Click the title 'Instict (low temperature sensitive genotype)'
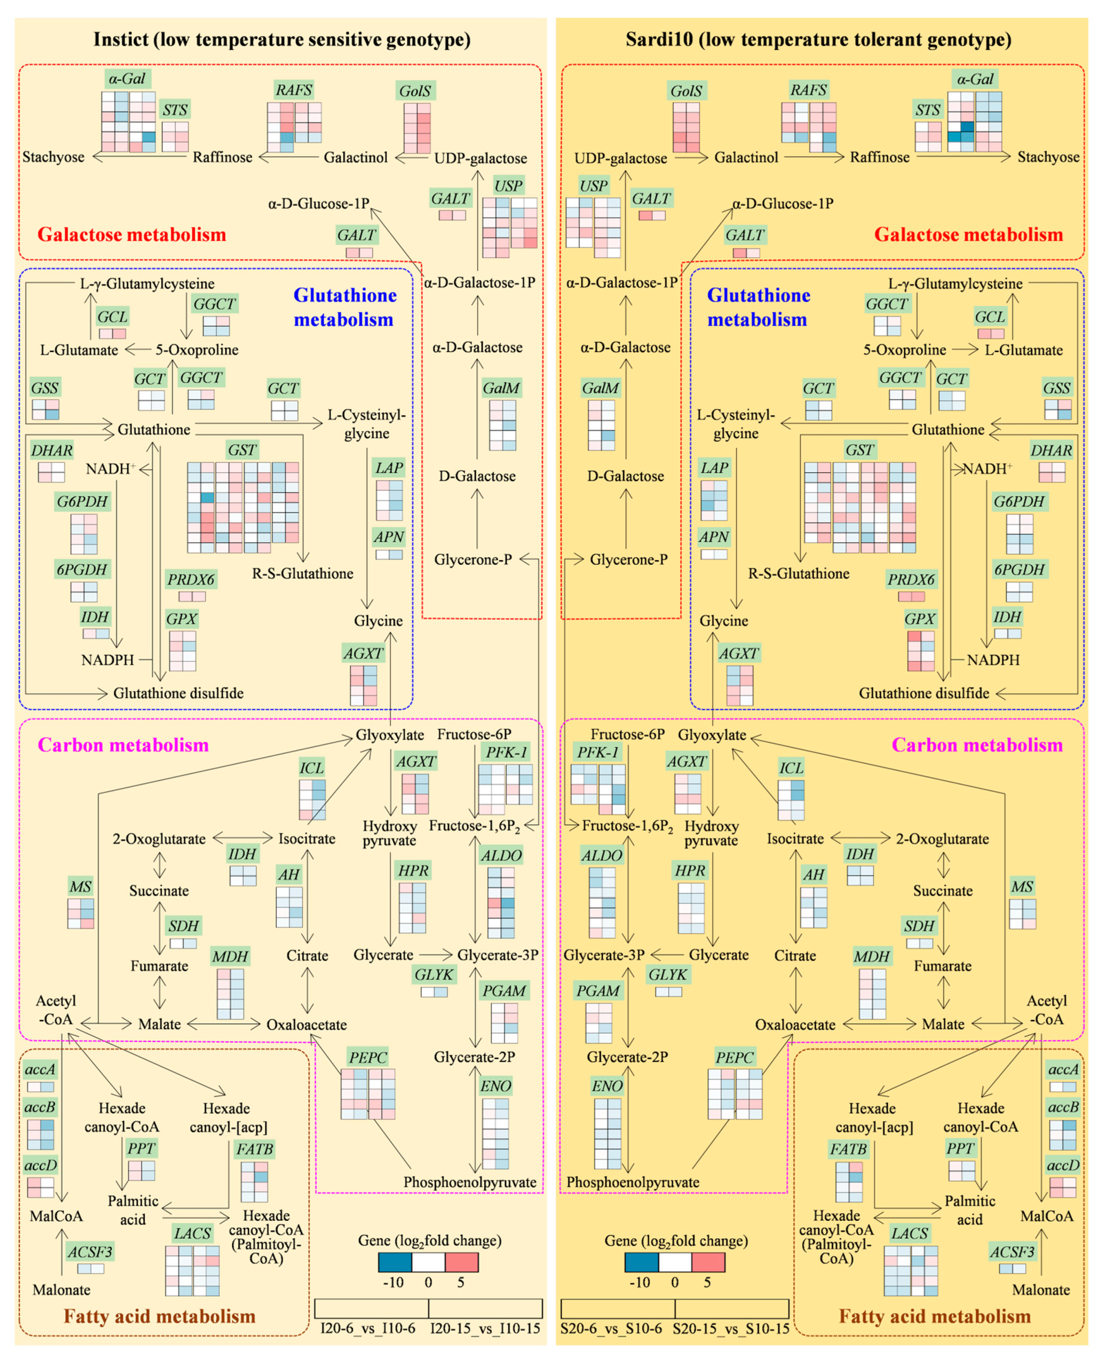282,39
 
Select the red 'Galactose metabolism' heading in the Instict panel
131,234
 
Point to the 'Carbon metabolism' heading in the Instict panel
123,745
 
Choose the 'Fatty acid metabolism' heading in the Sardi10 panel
935,1316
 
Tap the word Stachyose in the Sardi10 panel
1048,157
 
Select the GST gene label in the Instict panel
242,450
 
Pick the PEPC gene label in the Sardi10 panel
734,1057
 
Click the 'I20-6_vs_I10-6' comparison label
368,1328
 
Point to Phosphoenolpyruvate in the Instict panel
470,1182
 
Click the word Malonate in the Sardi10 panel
1041,1290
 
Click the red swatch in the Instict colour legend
461,1262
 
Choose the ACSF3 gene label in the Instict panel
90,1252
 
